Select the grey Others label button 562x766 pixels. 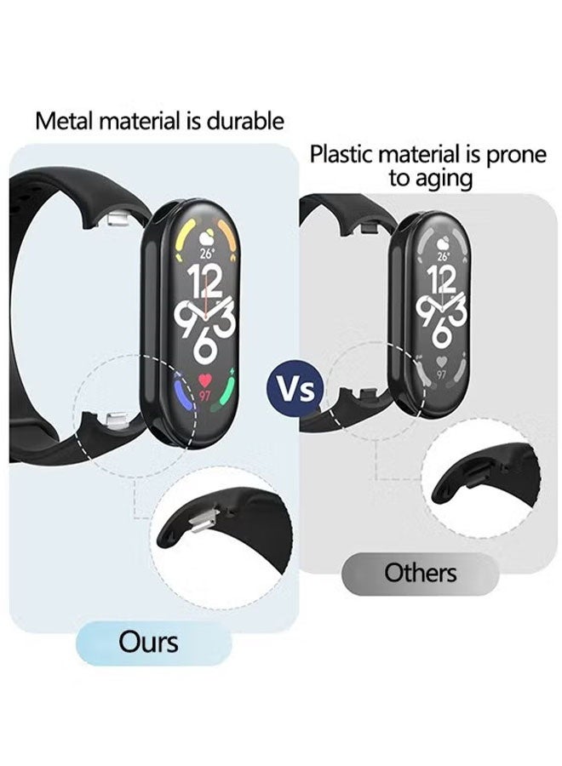(420, 573)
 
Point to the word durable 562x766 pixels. (245, 121)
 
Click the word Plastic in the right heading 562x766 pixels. (343, 155)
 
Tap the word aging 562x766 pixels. (444, 179)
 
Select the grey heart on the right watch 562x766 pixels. (441, 362)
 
